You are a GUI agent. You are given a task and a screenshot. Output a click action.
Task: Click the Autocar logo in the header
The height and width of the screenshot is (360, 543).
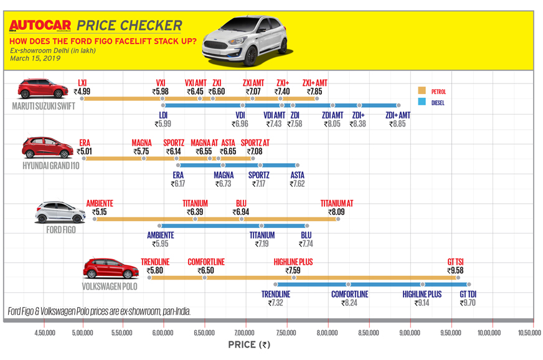point(40,26)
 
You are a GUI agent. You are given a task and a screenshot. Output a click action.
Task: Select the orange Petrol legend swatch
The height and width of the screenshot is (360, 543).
point(422,92)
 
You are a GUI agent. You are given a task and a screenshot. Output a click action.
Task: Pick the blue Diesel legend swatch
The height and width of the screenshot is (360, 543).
point(422,102)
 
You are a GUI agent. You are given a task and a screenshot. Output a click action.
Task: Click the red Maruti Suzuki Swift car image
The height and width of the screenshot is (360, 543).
point(43,88)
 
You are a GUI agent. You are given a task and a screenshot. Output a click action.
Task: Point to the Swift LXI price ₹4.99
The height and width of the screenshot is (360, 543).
point(82,92)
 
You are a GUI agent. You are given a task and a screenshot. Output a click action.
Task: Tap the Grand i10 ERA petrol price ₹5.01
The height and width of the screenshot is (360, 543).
point(84,151)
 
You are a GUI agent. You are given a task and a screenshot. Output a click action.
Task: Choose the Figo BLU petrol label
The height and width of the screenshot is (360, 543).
point(242,204)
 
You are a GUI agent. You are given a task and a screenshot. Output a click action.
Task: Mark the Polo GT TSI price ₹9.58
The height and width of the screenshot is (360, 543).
point(455,271)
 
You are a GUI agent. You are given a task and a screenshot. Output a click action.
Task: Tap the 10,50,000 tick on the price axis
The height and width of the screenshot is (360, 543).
point(529,333)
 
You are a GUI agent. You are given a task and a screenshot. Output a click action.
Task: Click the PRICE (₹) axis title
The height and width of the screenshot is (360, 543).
point(248,344)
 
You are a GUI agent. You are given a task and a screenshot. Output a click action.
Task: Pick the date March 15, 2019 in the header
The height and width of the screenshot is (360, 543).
point(35,59)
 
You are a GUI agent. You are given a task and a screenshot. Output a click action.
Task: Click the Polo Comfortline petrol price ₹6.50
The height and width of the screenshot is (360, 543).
point(205,271)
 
